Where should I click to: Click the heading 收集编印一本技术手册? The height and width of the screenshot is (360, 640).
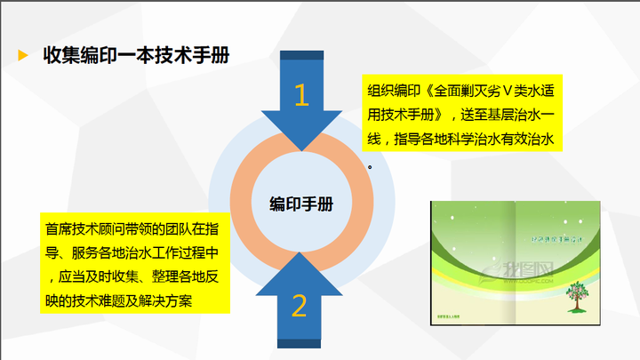(x=136, y=55)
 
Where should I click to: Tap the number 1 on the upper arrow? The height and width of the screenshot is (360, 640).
(x=301, y=94)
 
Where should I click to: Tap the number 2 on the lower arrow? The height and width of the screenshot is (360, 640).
(x=300, y=305)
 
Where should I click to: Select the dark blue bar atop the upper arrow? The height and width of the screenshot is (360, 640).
(x=301, y=56)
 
